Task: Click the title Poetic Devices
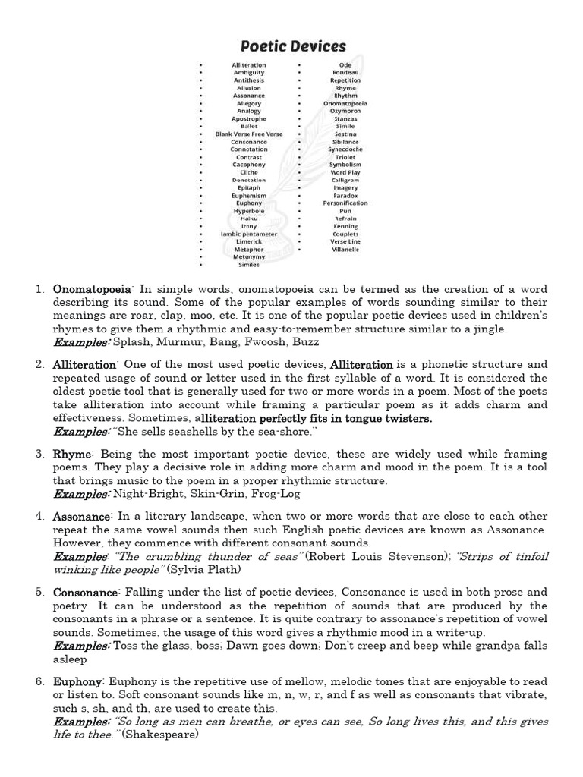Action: click(291, 46)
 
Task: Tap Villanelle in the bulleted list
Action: click(345, 250)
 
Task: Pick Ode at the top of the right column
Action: click(345, 65)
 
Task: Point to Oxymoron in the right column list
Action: click(345, 111)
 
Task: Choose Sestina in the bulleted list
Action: click(345, 134)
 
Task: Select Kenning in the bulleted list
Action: click(345, 226)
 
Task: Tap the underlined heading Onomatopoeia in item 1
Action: click(92, 290)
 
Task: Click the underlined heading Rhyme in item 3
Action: click(71, 454)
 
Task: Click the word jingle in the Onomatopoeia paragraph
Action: click(487, 329)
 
